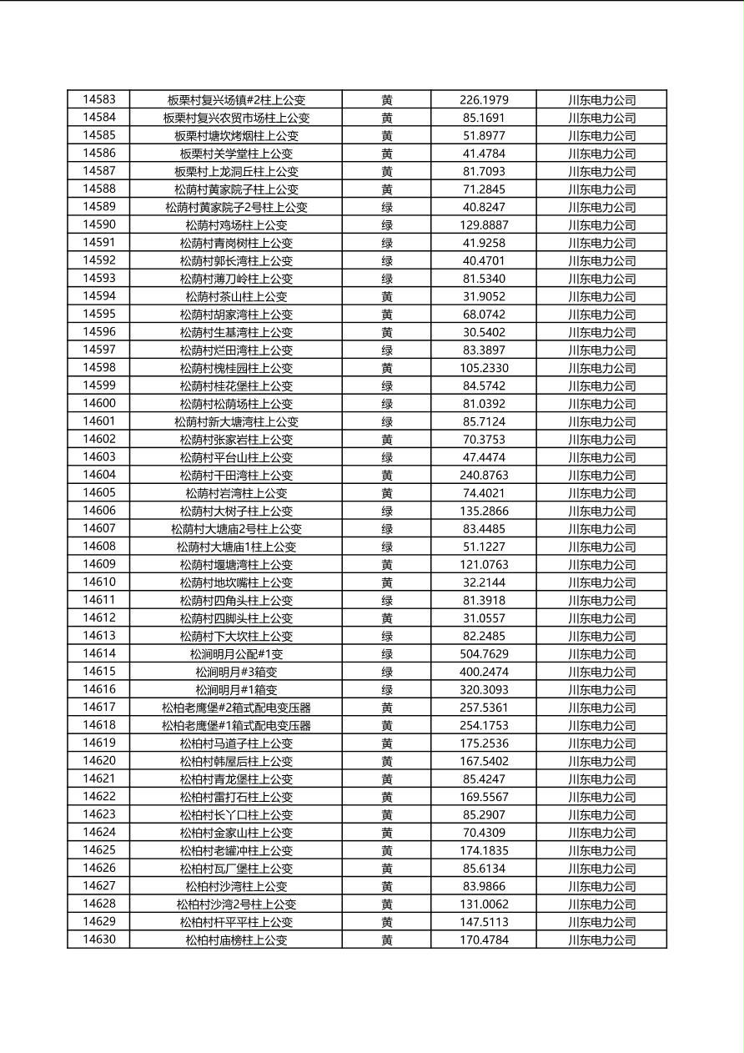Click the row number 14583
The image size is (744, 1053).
click(99, 99)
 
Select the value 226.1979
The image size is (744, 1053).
click(484, 100)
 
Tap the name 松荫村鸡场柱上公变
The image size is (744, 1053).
click(236, 225)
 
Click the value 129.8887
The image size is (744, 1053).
click(484, 225)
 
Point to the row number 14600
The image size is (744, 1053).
click(99, 404)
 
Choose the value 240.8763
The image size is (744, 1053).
click(484, 476)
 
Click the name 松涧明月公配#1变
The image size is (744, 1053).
click(236, 654)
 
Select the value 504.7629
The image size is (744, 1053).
click(484, 654)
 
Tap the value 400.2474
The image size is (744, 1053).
click(484, 672)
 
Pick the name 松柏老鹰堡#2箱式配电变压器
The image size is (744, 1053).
click(236, 708)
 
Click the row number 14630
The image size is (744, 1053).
click(99, 940)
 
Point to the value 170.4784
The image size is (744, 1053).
click(484, 940)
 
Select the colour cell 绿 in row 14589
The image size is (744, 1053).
click(387, 207)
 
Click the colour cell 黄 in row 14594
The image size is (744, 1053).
click(387, 296)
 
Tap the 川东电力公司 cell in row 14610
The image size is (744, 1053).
click(601, 582)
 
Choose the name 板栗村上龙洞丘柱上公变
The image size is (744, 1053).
click(236, 172)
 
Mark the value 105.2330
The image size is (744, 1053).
click(484, 368)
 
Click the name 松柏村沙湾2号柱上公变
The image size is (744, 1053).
click(236, 904)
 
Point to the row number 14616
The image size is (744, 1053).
click(99, 689)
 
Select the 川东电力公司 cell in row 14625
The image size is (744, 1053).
click(601, 851)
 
